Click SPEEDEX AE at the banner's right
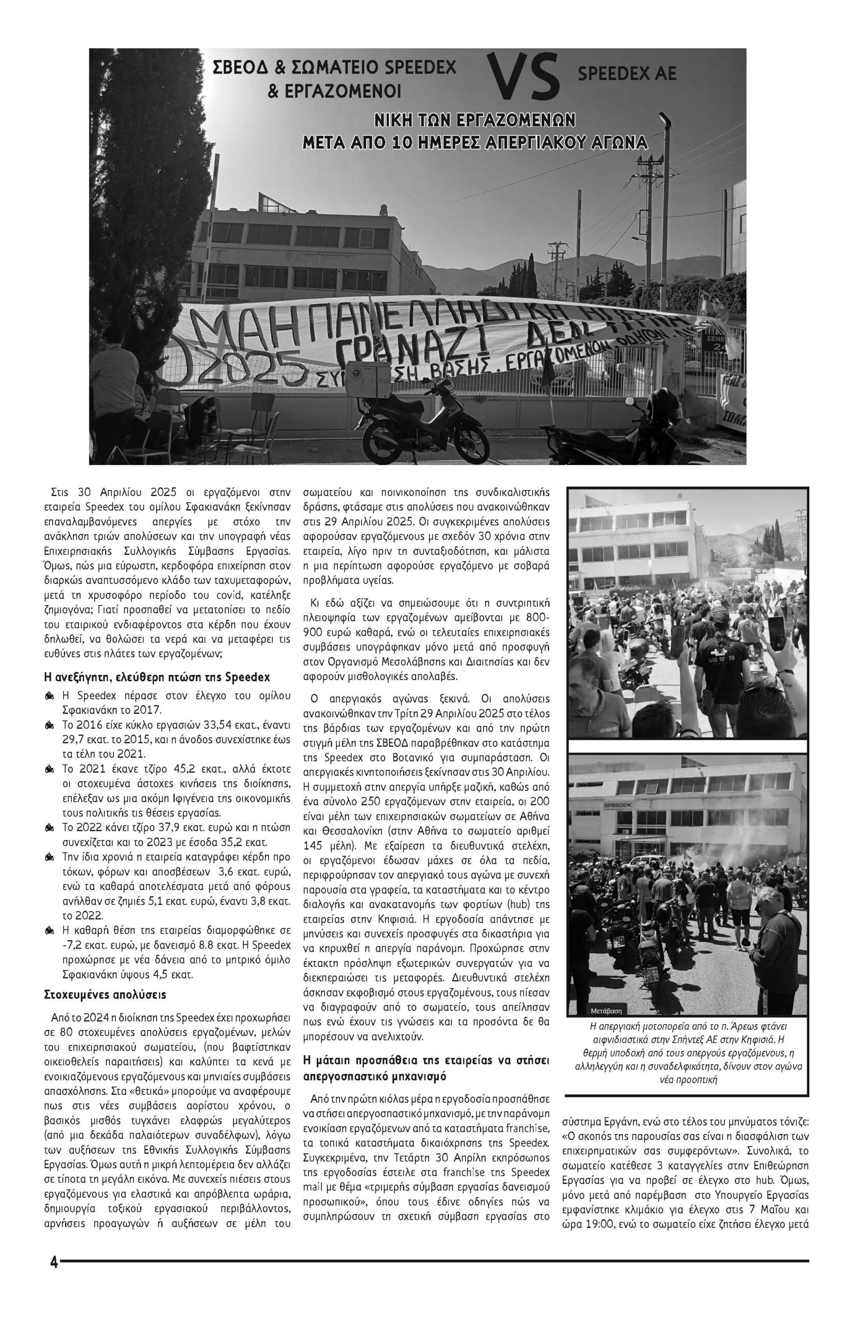pyautogui.click(x=627, y=73)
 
